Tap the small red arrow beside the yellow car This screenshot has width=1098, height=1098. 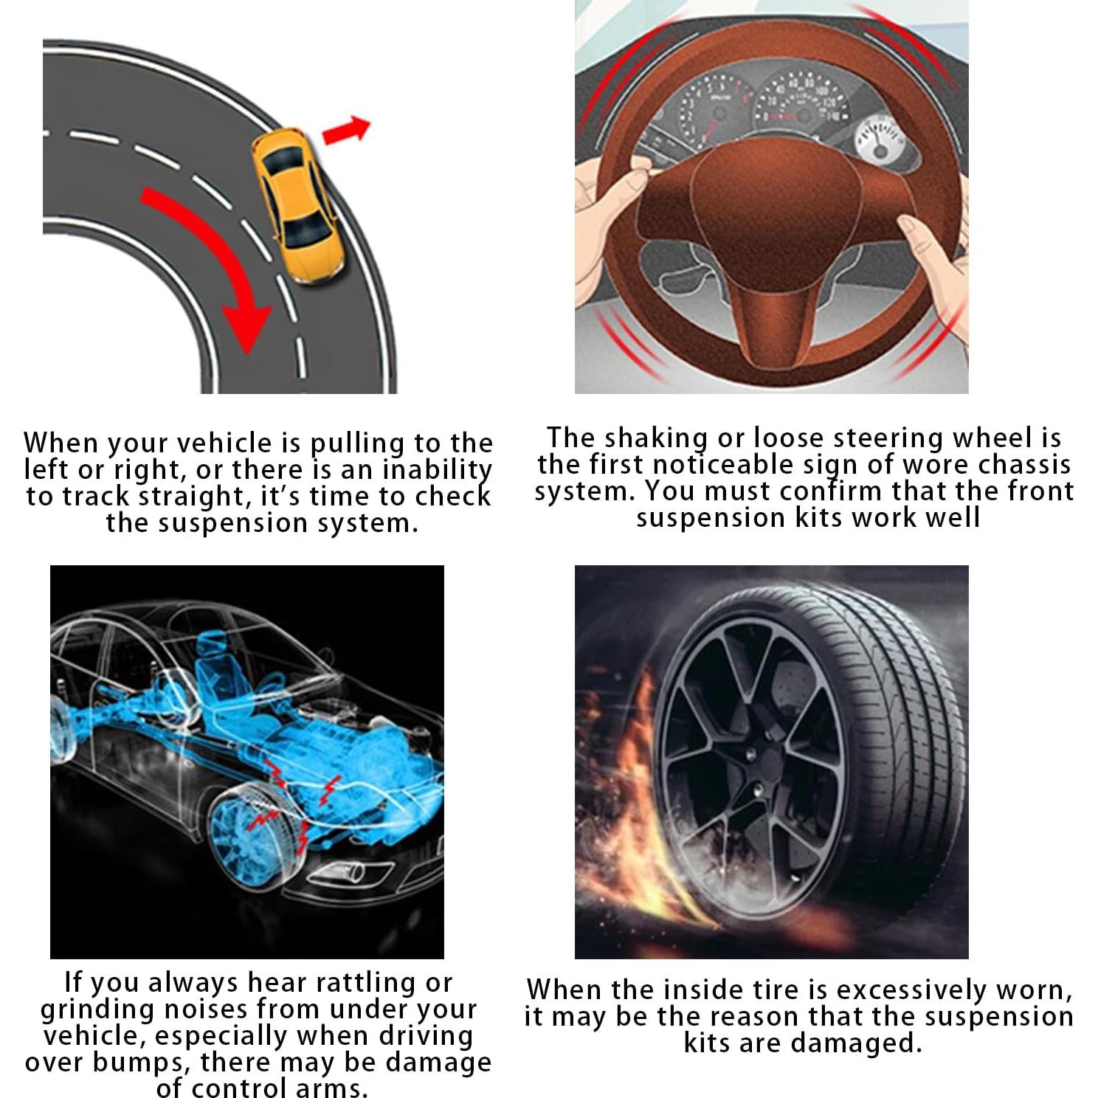tap(346, 130)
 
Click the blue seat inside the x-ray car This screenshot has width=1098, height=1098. tap(221, 679)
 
